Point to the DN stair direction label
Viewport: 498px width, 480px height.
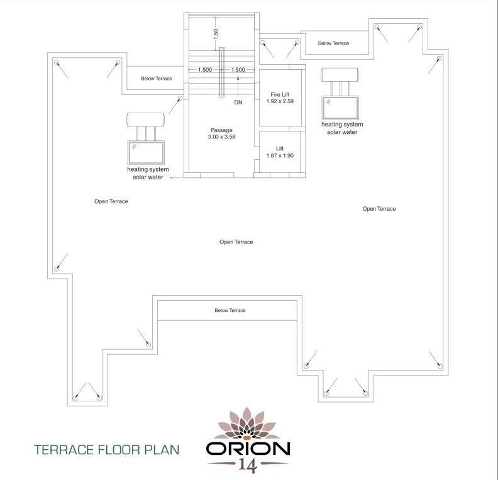click(x=238, y=101)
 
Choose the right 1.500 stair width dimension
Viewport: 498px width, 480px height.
click(x=238, y=70)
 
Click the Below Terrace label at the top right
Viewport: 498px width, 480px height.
click(x=333, y=43)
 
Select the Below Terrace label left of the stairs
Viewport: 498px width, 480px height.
click(x=157, y=79)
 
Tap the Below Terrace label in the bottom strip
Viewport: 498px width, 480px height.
click(x=230, y=310)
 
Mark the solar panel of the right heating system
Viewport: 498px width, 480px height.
click(x=340, y=107)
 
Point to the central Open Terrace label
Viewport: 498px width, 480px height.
click(x=236, y=242)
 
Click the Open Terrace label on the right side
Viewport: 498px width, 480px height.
click(x=379, y=209)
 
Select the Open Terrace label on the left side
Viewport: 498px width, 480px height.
click(x=111, y=201)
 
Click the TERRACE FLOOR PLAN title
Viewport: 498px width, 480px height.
click(x=107, y=450)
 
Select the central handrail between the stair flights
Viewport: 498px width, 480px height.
click(x=221, y=81)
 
